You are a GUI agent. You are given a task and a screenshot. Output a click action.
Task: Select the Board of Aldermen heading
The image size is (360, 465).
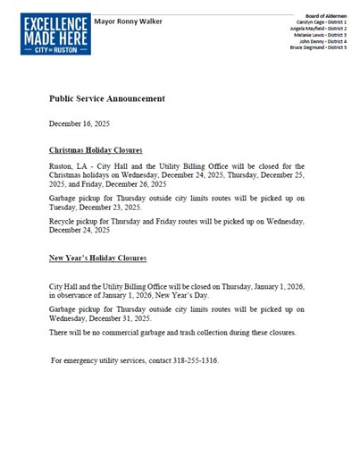pyautogui.click(x=325, y=15)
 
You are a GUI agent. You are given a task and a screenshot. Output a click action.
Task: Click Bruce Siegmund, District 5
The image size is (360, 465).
pyautogui.click(x=319, y=47)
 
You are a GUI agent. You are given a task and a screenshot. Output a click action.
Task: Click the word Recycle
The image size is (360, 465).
pyautogui.click(x=62, y=221)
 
